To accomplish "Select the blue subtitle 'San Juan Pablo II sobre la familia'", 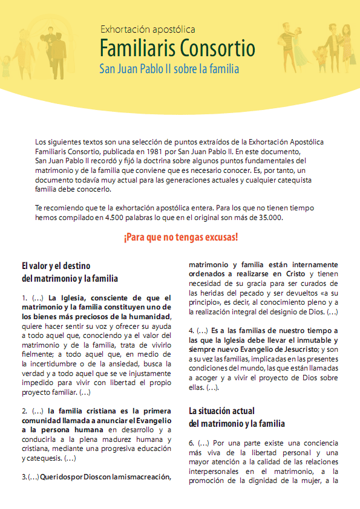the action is [x=169, y=69].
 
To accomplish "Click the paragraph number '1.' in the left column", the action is [x=25, y=297].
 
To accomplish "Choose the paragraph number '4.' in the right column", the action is [x=192, y=331].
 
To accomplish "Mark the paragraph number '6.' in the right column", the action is [x=192, y=443].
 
